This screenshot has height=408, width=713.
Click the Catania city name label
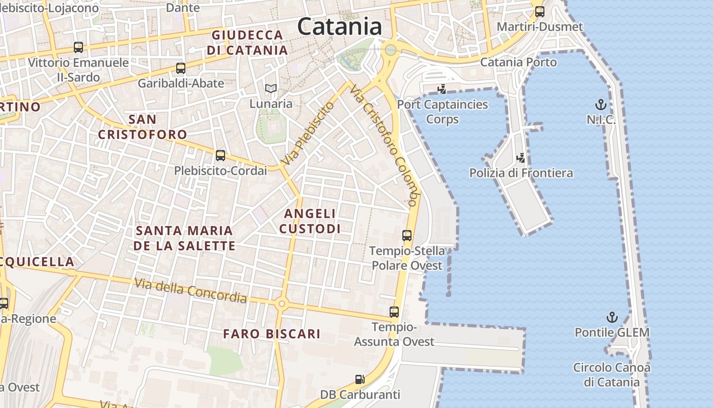[340, 26]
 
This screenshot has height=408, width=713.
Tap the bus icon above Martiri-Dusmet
[540, 12]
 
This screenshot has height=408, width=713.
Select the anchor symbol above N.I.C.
[601, 105]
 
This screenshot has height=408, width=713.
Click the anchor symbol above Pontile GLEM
[612, 317]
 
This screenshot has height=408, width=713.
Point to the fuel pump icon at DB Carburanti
[360, 379]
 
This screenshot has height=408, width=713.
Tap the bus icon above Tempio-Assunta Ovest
[394, 312]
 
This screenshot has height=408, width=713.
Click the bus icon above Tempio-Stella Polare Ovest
[407, 235]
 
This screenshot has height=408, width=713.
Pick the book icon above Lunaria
[271, 89]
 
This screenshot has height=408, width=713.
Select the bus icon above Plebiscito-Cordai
[221, 156]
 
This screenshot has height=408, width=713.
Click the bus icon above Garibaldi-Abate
[180, 68]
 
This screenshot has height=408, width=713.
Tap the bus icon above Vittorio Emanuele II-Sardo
[78, 47]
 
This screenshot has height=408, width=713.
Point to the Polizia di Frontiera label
[521, 173]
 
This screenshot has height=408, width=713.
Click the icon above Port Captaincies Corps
[442, 89]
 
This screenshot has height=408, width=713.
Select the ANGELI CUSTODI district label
[310, 221]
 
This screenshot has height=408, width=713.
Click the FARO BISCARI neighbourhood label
[272, 334]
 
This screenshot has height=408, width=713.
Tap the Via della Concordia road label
[190, 290]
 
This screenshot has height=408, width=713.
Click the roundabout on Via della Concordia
[282, 304]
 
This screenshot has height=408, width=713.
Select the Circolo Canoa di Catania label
[612, 374]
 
